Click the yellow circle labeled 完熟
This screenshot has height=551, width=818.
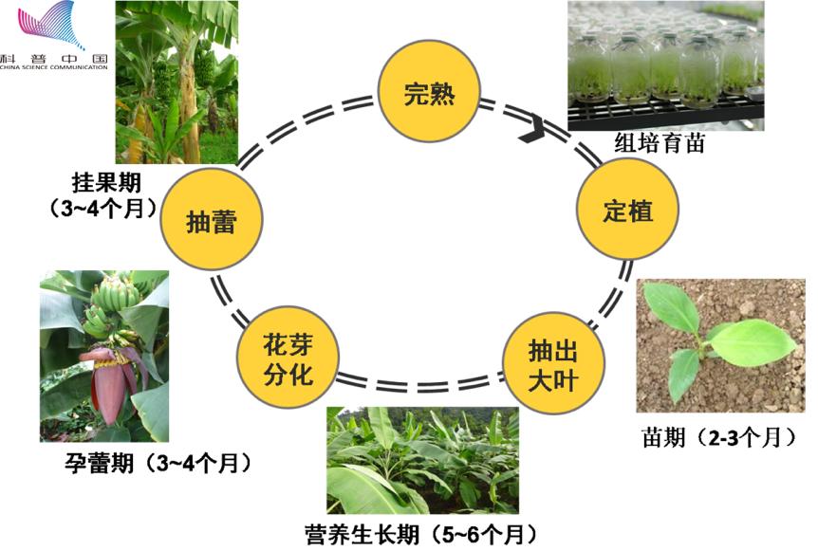[x=429, y=94]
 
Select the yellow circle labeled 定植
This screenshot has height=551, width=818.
[x=627, y=210]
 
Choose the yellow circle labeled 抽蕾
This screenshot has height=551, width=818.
[x=210, y=222]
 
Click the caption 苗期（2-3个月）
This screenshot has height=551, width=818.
[x=717, y=437]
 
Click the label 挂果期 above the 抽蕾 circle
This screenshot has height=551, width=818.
[x=106, y=181]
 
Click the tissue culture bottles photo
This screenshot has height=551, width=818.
[x=665, y=64]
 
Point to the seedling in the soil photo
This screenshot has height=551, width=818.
[x=718, y=344]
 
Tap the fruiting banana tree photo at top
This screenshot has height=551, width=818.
[x=176, y=82]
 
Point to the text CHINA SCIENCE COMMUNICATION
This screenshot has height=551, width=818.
[x=54, y=67]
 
